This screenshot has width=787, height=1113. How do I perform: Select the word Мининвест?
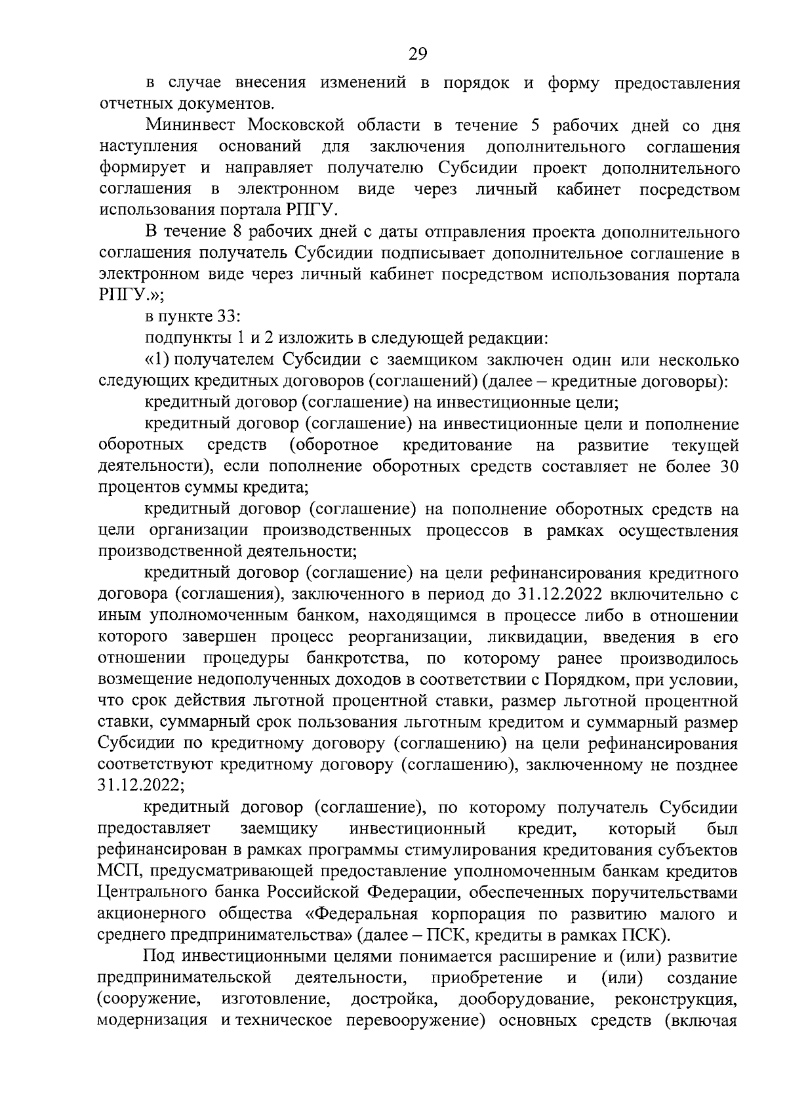186,125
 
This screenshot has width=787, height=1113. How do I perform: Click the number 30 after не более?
729,466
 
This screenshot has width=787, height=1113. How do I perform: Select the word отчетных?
132,104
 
